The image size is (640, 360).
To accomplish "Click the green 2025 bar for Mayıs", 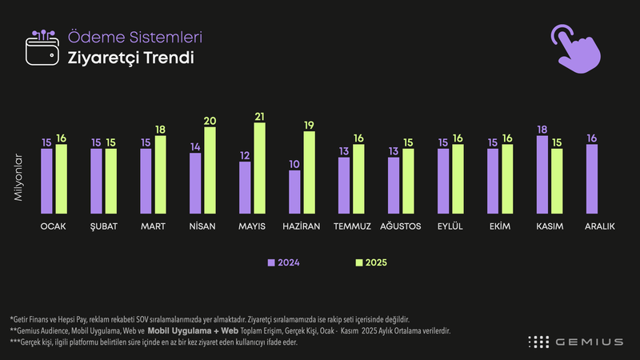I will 259,169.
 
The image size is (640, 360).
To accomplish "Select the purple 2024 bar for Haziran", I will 294,192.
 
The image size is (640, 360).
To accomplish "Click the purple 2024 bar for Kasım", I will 542,175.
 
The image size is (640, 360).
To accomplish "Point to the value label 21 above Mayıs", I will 259,117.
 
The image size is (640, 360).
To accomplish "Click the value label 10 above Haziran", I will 294,164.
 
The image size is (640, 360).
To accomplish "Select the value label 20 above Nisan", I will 210,122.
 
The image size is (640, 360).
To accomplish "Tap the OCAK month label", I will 54,226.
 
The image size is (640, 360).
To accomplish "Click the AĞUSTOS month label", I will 401,226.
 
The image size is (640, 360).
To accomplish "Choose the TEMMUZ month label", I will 351,226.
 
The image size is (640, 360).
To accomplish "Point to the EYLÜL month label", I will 450,226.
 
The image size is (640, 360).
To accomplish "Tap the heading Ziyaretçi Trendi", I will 120,58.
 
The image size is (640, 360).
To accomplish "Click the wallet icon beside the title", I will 43,49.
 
